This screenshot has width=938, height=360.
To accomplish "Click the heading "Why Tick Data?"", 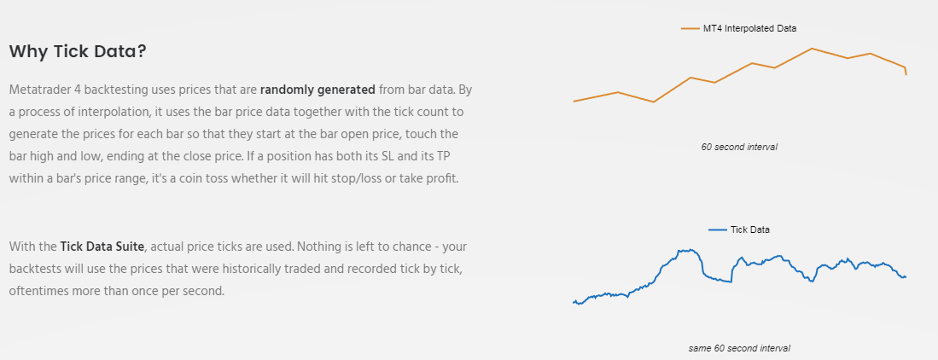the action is [78, 51].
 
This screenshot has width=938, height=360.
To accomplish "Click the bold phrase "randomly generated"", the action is [318, 90].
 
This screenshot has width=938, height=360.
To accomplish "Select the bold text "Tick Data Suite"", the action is [102, 247].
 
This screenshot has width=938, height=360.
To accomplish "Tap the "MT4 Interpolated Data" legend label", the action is [749, 28].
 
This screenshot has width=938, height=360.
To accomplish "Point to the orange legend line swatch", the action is [690, 28].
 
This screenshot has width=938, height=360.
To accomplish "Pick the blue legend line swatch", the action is [717, 229].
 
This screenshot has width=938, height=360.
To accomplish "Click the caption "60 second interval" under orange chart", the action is [739, 147].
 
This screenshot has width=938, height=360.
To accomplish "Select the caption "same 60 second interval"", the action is [739, 348].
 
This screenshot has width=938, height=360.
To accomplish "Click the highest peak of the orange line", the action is [812, 48].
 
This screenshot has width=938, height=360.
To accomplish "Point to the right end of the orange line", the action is [906, 75].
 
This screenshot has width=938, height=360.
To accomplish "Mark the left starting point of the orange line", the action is [574, 101].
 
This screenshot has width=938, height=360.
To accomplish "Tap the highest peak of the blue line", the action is [690, 250].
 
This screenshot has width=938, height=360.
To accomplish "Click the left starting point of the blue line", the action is [574, 303].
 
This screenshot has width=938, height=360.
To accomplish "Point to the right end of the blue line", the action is [906, 277].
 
